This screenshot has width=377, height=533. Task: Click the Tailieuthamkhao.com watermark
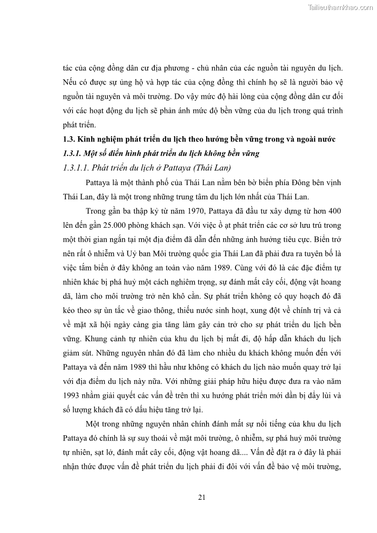tap(340, 7)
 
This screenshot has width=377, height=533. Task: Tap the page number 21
tap(201, 497)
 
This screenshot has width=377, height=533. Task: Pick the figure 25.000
tap(123, 211)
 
